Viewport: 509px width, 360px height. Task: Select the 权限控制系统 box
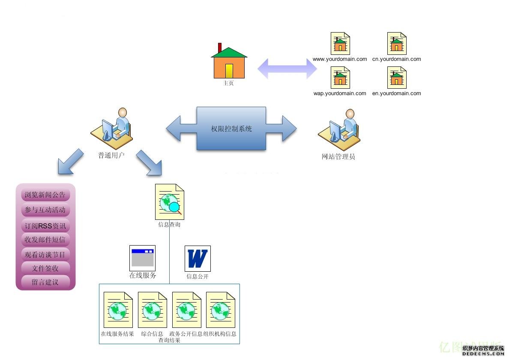click(231, 129)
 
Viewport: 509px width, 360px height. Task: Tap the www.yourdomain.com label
click(340, 59)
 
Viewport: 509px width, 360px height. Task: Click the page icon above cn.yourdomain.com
click(397, 43)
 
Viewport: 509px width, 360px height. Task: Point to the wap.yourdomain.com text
click(340, 93)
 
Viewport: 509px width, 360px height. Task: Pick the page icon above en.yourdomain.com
click(397, 78)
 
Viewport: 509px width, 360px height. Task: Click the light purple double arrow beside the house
click(287, 68)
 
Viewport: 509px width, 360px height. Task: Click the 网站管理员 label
click(338, 157)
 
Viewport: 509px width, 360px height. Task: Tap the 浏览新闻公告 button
click(45, 195)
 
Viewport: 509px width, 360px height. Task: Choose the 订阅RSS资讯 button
click(45, 225)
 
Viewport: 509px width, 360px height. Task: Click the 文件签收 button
click(45, 268)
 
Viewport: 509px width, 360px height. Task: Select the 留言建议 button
click(45, 282)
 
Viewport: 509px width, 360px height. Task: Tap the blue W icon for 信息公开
click(198, 258)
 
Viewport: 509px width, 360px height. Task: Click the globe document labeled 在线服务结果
click(118, 310)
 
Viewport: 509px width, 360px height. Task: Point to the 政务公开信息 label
click(186, 334)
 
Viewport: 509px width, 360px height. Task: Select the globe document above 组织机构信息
click(221, 310)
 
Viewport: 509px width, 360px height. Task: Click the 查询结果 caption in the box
click(169, 340)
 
